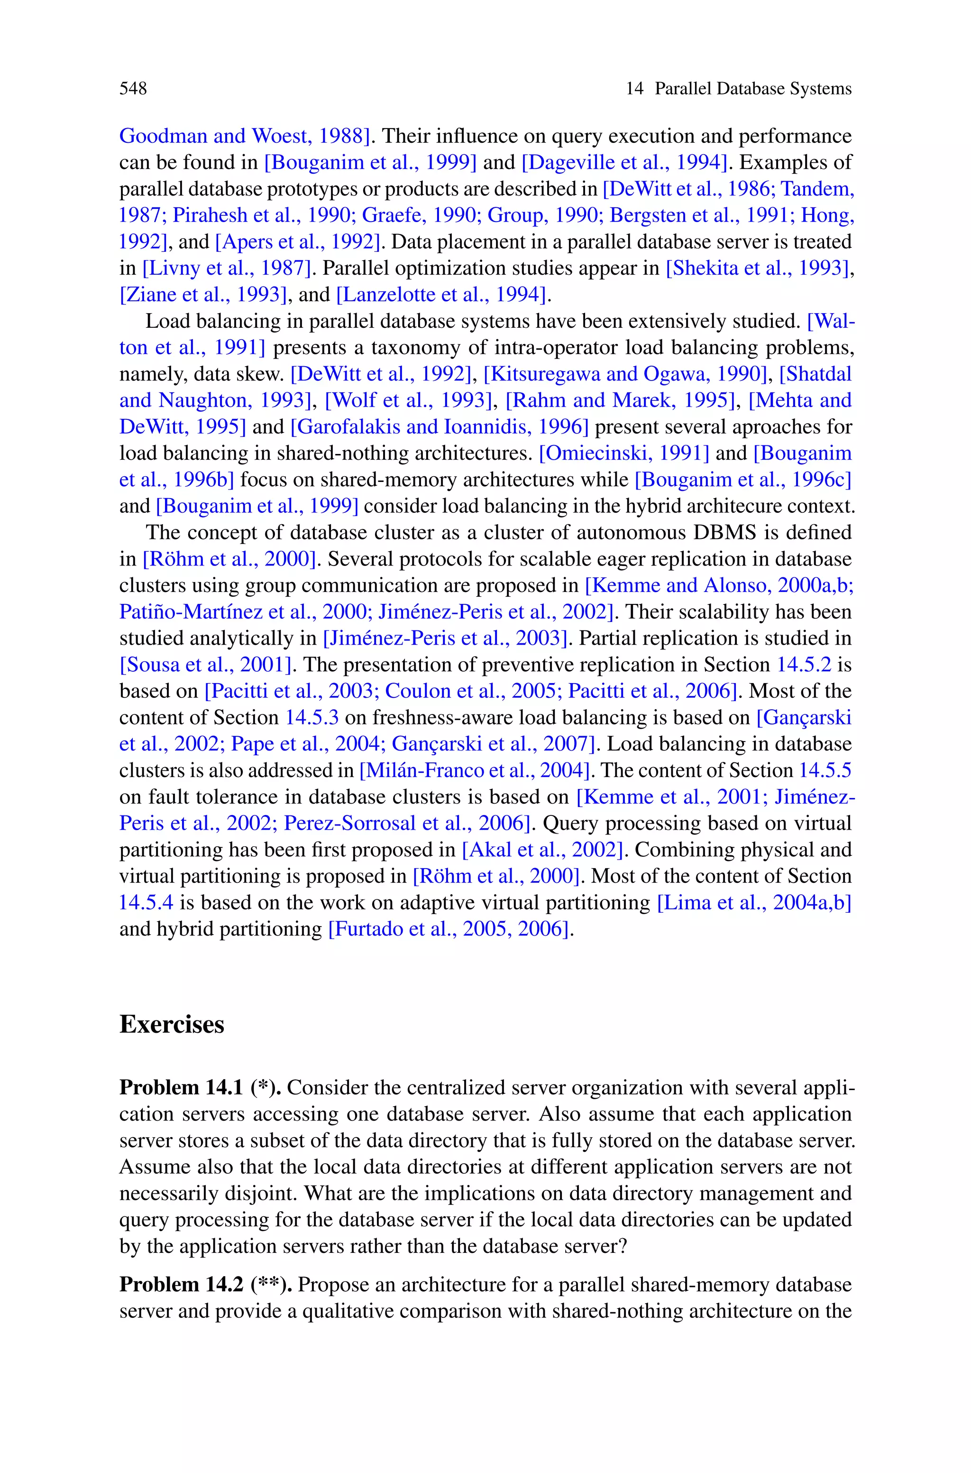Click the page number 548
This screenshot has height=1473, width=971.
pos(133,89)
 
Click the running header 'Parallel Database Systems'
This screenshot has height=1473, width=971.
pos(753,89)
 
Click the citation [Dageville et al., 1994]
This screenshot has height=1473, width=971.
pos(624,162)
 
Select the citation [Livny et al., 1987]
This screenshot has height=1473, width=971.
pos(227,268)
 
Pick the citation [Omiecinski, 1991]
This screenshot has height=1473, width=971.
pos(624,454)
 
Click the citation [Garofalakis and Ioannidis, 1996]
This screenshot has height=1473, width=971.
pos(440,427)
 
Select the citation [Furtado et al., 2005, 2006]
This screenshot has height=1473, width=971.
pos(449,929)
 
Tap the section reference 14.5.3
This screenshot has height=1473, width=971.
pos(311,718)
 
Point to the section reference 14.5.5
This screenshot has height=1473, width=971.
pos(825,770)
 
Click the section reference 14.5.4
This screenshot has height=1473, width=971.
pos(146,902)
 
